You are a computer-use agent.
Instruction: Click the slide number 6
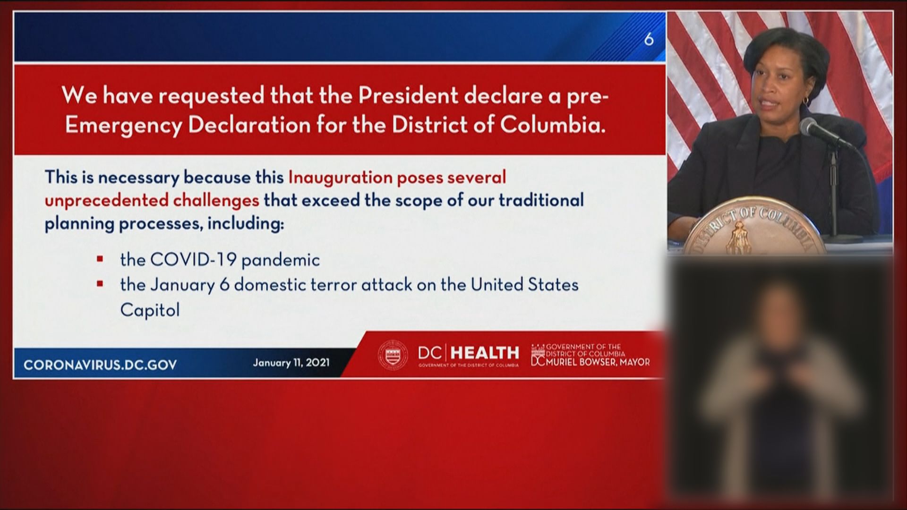click(x=649, y=39)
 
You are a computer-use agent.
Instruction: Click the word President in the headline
click(x=408, y=96)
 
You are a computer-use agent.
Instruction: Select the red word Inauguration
click(x=339, y=178)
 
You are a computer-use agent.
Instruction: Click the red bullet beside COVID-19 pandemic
click(x=100, y=259)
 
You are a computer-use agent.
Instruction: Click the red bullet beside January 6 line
click(x=100, y=284)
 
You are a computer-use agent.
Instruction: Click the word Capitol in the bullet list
click(x=150, y=310)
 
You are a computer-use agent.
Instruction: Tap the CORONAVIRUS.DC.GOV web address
click(x=100, y=365)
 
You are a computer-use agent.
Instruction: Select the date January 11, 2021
click(x=291, y=363)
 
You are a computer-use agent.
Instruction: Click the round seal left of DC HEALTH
click(x=393, y=355)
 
